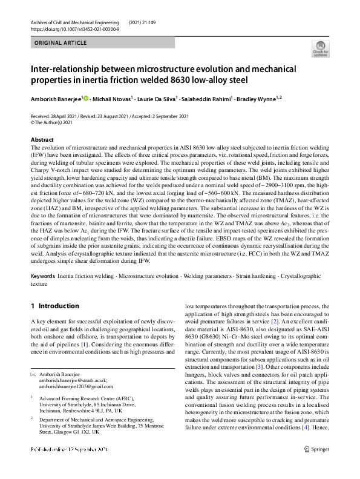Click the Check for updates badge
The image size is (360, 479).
point(319,48)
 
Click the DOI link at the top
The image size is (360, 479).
point(70,28)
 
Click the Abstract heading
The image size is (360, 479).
point(42,140)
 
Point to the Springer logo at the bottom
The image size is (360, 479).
point(320,467)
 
